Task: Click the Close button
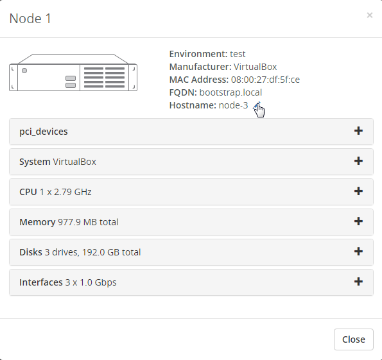click(x=354, y=339)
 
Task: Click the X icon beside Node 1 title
click(x=370, y=15)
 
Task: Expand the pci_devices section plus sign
click(x=358, y=131)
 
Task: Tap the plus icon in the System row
click(x=358, y=161)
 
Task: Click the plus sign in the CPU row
click(x=358, y=191)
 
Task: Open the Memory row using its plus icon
click(x=358, y=221)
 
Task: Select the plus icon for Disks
click(x=358, y=252)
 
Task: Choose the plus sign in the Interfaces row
click(x=358, y=282)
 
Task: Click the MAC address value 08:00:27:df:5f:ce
click(x=265, y=80)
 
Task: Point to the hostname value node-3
click(x=233, y=105)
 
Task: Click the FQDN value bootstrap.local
click(x=230, y=92)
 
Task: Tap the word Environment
click(x=198, y=54)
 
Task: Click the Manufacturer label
click(x=200, y=67)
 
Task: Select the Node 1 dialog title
click(x=30, y=19)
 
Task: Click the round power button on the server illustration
click(x=24, y=71)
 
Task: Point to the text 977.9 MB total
click(x=88, y=222)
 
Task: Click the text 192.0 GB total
click(x=111, y=252)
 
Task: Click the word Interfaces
click(x=41, y=282)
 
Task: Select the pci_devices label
click(x=44, y=132)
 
